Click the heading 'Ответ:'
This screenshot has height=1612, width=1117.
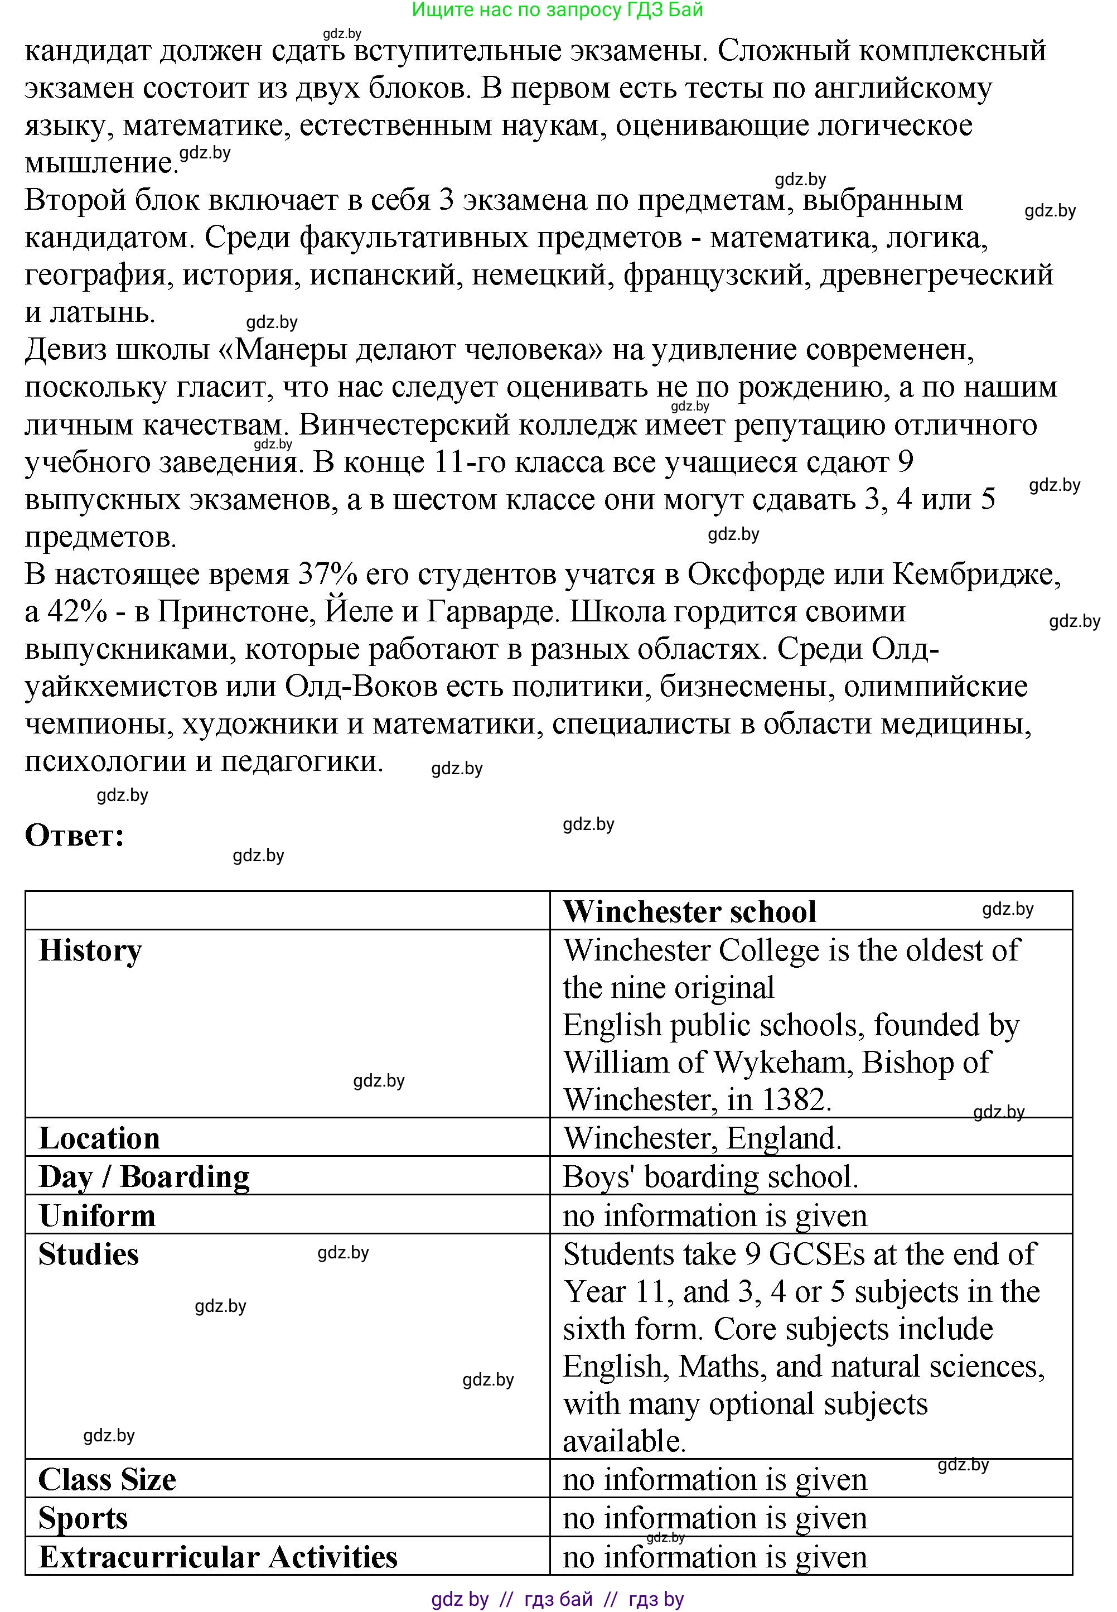click(74, 836)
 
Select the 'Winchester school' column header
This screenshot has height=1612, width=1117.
click(689, 912)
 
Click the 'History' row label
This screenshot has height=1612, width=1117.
click(90, 950)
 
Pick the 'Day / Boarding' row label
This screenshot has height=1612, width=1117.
click(143, 1176)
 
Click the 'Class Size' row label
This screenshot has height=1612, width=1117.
click(107, 1480)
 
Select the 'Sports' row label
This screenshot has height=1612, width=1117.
click(83, 1518)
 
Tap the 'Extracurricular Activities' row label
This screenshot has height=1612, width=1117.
click(217, 1557)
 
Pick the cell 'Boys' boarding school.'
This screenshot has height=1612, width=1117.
click(710, 1176)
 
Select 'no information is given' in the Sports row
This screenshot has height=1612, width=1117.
click(714, 1518)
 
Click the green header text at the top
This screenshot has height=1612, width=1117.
click(557, 10)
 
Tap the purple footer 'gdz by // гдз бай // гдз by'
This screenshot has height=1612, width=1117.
click(557, 1599)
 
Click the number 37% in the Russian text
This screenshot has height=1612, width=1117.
click(323, 574)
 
